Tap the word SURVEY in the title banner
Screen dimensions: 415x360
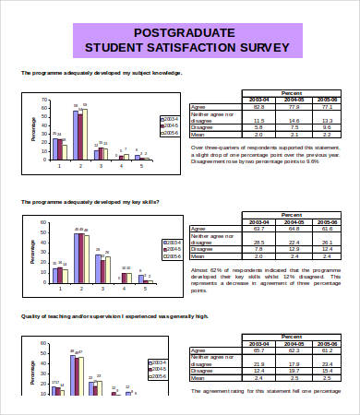pyautogui.click(x=263, y=47)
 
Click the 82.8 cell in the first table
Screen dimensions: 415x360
pyautogui.click(x=258, y=108)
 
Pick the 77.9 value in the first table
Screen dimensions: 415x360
pyautogui.click(x=294, y=108)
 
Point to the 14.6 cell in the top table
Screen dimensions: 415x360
pyautogui.click(x=294, y=121)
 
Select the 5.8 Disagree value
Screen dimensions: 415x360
pyautogui.click(x=258, y=127)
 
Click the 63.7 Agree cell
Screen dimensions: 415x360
pyautogui.click(x=258, y=229)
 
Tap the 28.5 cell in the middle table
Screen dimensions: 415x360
pyautogui.click(x=258, y=242)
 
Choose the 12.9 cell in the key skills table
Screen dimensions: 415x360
pyautogui.click(x=294, y=248)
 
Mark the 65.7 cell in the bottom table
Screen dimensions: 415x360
pyautogui.click(x=258, y=350)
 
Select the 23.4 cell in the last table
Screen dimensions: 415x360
pyautogui.click(x=327, y=363)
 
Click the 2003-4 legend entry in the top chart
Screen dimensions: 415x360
pyautogui.click(x=168, y=119)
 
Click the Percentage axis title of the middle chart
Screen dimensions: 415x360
pyautogui.click(x=33, y=249)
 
